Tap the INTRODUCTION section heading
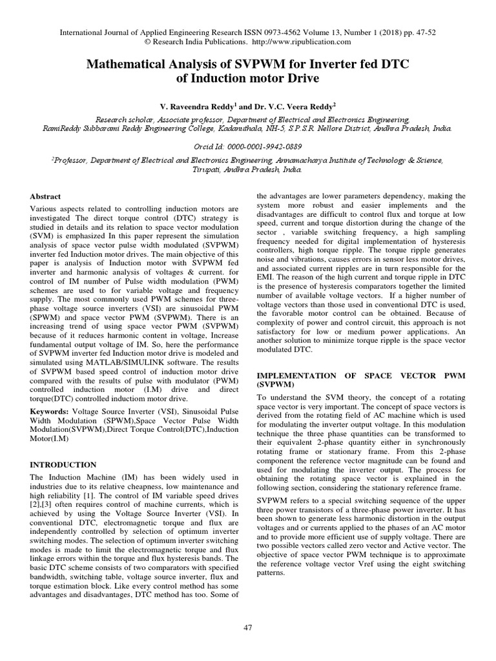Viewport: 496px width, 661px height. [x=63, y=464]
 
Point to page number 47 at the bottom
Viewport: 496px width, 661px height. [x=247, y=627]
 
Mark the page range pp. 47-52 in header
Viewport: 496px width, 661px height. [x=418, y=32]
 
